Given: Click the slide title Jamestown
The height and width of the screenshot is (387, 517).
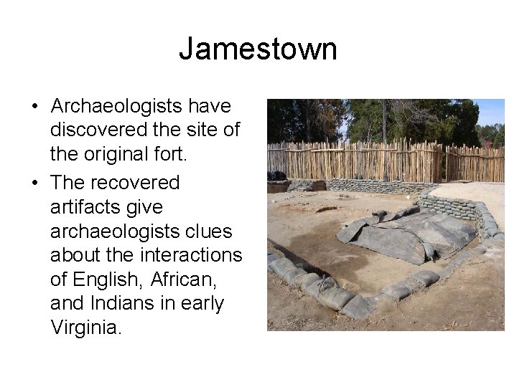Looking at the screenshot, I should tap(258, 49).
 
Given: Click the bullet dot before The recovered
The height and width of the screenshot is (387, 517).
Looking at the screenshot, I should tap(34, 183).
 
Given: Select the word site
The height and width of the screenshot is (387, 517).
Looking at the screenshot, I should tap(201, 131).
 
